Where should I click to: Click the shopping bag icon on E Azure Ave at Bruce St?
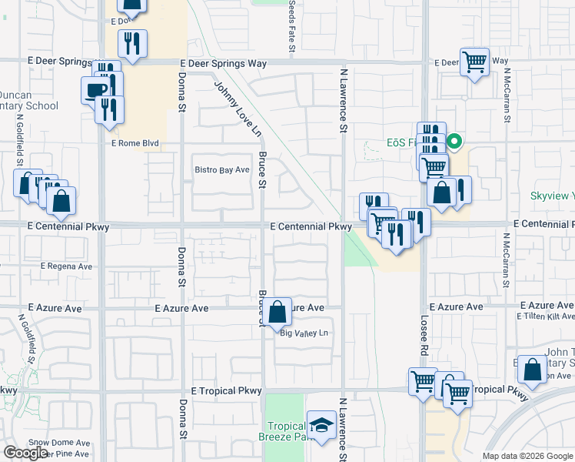coord(278,313)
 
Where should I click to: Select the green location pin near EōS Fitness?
coord(454,142)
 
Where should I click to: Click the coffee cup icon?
coord(95,89)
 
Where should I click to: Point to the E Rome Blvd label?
coord(135,143)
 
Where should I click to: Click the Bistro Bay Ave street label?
coord(222,169)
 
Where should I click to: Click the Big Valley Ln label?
coord(304,333)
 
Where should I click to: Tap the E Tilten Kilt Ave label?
coord(545,316)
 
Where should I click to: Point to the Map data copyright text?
coord(527,456)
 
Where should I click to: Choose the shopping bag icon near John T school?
coord(532,370)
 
